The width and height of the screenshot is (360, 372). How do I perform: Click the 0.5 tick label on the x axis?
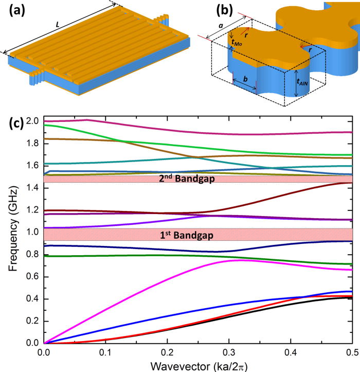[x=352, y=353]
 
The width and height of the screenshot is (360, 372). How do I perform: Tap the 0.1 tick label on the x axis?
[x=106, y=353]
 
